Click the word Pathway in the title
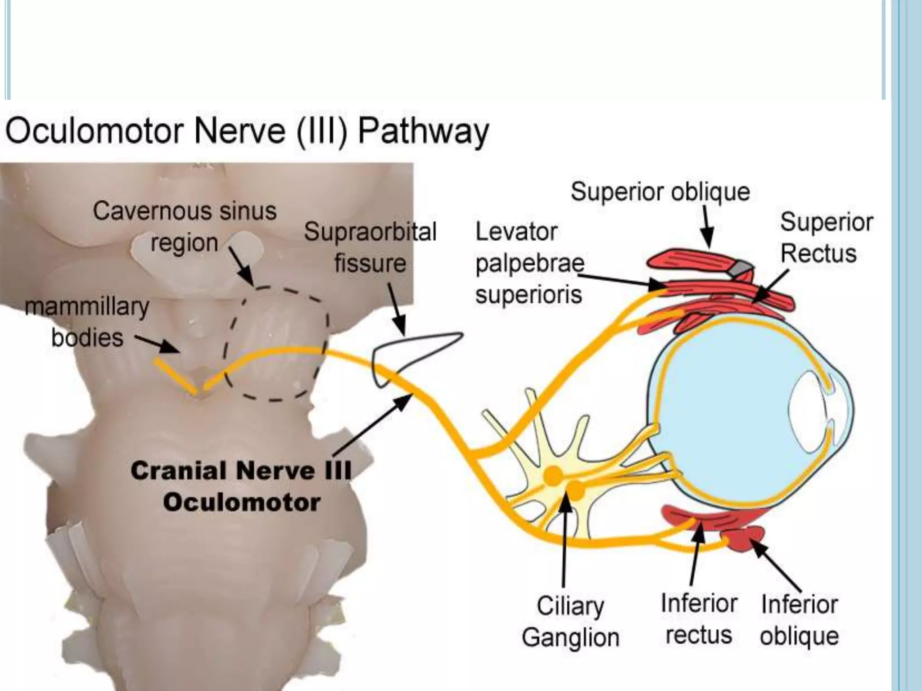pos(423,132)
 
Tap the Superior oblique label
pos(660,192)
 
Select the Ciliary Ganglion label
pos(570,622)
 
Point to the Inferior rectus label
pos(699,619)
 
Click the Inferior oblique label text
pos(799,620)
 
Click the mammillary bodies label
pos(87,322)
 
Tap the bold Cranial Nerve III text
pos(241,471)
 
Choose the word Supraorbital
pos(370,233)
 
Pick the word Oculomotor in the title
pos(96,132)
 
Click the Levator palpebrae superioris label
pos(529,264)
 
